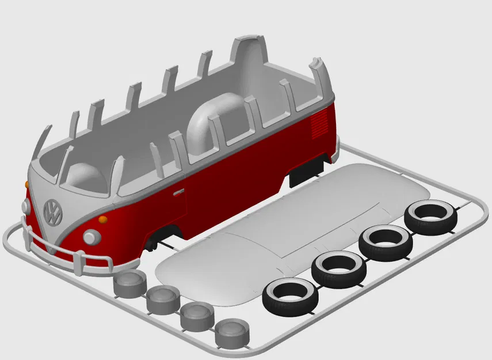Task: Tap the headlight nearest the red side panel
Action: [91, 236]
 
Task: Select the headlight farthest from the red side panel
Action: [25, 206]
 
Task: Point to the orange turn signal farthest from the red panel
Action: [27, 183]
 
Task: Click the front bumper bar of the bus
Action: [63, 253]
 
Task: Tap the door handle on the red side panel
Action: [178, 191]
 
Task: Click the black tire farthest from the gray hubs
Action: [430, 217]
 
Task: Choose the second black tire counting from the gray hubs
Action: [339, 268]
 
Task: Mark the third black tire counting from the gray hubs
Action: [386, 242]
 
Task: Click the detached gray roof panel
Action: [288, 230]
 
